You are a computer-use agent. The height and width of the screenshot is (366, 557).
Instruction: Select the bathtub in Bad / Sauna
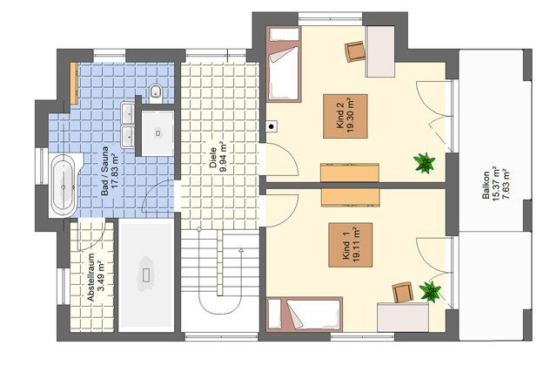(x=64, y=185)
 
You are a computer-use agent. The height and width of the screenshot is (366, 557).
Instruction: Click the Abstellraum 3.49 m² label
(x=96, y=277)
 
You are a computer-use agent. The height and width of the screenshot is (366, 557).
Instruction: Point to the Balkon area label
(x=496, y=184)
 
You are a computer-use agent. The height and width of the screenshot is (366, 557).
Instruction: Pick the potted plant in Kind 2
(x=425, y=163)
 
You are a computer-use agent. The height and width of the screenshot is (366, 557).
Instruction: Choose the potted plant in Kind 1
(x=430, y=292)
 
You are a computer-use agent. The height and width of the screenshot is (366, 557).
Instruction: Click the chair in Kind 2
(x=355, y=51)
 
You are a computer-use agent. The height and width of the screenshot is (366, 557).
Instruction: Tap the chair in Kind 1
(x=403, y=293)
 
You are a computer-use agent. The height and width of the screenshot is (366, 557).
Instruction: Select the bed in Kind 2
(x=284, y=64)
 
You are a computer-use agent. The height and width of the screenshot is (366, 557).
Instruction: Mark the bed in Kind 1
(x=304, y=314)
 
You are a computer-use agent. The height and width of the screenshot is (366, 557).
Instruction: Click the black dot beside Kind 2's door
(x=272, y=126)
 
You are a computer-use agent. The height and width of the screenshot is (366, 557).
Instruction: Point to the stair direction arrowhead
(x=241, y=251)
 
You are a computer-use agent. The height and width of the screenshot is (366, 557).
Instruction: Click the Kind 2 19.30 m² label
(x=346, y=116)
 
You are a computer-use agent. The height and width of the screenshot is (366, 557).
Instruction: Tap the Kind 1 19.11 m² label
(x=351, y=245)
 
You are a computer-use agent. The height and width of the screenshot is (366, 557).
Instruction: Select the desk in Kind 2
(x=380, y=51)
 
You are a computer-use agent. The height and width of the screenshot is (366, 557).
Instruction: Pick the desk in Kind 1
(x=403, y=317)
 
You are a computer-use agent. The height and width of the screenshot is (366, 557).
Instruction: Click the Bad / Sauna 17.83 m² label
(x=109, y=171)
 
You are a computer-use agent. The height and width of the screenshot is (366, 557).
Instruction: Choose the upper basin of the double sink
(x=128, y=113)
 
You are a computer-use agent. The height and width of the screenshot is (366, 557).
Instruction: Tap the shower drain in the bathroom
(x=158, y=133)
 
